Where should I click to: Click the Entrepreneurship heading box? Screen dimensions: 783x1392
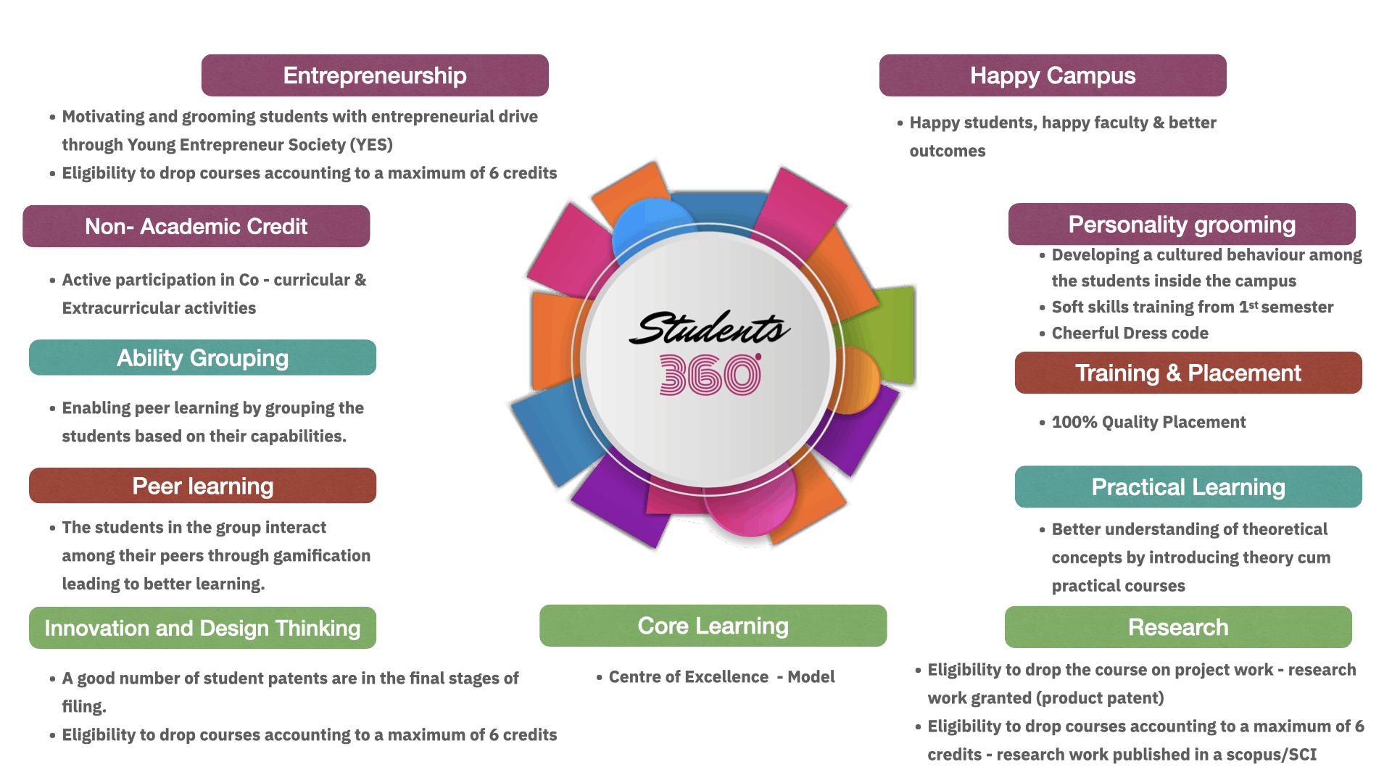coord(374,75)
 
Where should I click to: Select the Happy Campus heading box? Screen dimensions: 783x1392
coord(1053,75)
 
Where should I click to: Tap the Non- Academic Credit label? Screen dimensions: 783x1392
coord(196,226)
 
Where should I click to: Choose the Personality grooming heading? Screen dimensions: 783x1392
coord(1182,225)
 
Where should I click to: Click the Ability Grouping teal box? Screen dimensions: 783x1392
coord(203,357)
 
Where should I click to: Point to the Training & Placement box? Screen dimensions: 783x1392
coord(1188,373)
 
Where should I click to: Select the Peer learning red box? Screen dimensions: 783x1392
coord(203,486)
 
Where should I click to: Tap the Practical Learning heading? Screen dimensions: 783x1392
coord(1188,486)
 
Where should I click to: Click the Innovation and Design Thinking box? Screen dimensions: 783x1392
coord(203,628)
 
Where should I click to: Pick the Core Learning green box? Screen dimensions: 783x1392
coord(713,626)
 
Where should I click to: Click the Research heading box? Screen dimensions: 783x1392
coord(1178,627)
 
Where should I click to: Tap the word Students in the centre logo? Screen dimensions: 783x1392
coord(709,328)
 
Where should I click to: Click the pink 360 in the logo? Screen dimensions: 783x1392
coord(710,376)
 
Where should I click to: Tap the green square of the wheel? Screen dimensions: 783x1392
coord(888,333)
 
